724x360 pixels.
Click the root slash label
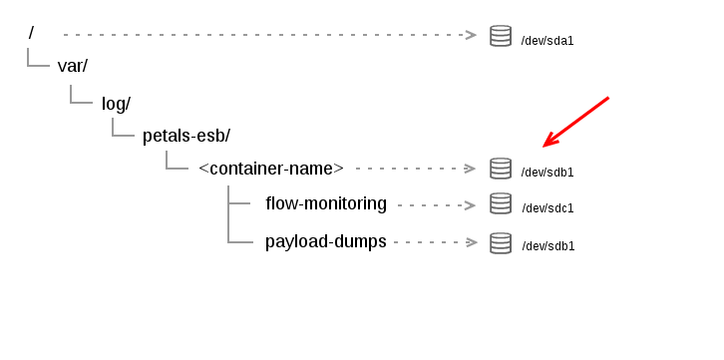(x=32, y=33)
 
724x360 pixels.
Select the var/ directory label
(x=73, y=66)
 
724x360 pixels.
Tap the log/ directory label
(x=117, y=103)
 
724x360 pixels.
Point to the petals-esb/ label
(x=186, y=135)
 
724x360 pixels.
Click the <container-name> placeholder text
(x=271, y=168)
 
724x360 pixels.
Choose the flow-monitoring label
(x=326, y=203)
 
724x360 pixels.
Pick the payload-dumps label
(x=325, y=240)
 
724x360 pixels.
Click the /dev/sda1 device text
(x=547, y=41)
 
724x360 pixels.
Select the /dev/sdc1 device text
(x=547, y=208)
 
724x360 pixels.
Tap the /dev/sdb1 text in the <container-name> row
(x=547, y=173)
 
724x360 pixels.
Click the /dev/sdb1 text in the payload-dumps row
(x=547, y=246)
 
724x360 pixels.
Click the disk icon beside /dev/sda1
(x=501, y=36)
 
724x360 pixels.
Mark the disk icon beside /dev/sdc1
(x=501, y=203)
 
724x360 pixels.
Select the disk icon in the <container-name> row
(x=501, y=168)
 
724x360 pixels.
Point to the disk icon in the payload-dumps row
(x=501, y=242)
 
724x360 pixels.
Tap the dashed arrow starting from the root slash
(x=269, y=35)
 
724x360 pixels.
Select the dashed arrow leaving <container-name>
(x=415, y=168)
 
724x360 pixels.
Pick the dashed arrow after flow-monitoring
(x=437, y=205)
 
